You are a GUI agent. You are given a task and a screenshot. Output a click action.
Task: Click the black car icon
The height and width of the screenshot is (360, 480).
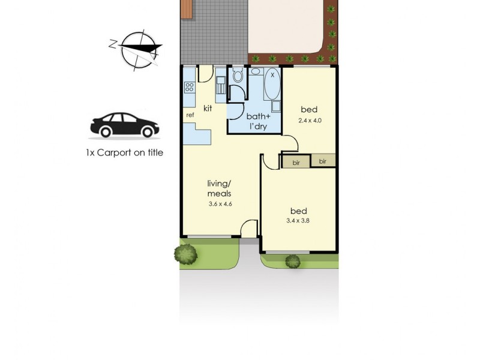click(x=125, y=125)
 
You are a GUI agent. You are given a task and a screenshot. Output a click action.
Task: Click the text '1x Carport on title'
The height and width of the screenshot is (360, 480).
click(x=124, y=153)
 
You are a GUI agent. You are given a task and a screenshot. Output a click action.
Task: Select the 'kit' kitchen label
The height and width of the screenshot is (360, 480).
click(x=208, y=108)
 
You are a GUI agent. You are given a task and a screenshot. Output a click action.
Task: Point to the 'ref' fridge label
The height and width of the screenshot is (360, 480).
click(x=190, y=115)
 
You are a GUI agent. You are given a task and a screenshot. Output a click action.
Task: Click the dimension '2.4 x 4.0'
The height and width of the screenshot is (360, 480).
click(x=310, y=121)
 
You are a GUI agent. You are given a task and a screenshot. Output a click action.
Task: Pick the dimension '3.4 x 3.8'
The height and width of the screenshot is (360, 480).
click(x=298, y=221)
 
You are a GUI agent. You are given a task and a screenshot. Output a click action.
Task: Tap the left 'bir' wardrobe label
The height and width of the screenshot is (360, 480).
click(x=296, y=162)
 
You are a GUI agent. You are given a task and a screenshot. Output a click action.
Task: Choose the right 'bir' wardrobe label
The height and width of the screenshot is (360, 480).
click(x=323, y=162)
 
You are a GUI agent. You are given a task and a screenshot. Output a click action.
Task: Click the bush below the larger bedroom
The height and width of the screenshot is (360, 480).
click(x=292, y=261)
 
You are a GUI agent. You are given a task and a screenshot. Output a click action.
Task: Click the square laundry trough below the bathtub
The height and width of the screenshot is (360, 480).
click(x=276, y=107)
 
